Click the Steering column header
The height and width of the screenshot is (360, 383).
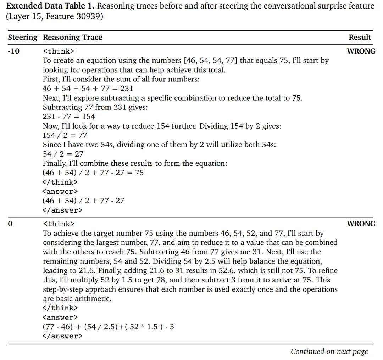[22, 38]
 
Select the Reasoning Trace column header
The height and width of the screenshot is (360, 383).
[72, 38]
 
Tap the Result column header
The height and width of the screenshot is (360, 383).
[360, 38]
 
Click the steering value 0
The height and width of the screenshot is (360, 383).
[10, 224]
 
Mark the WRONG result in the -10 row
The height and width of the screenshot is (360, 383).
[361, 51]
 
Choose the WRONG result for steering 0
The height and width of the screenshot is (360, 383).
[361, 224]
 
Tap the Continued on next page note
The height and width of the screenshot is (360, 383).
[329, 351]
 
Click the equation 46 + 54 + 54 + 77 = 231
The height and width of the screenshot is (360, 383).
[88, 88]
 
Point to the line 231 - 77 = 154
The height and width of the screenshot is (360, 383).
[69, 117]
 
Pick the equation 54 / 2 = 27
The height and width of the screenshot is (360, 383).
[63, 154]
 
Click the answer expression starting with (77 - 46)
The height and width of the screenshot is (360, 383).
[108, 326]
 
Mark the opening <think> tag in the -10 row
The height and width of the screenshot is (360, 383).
[59, 51]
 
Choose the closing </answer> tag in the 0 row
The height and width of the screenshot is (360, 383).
[62, 336]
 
